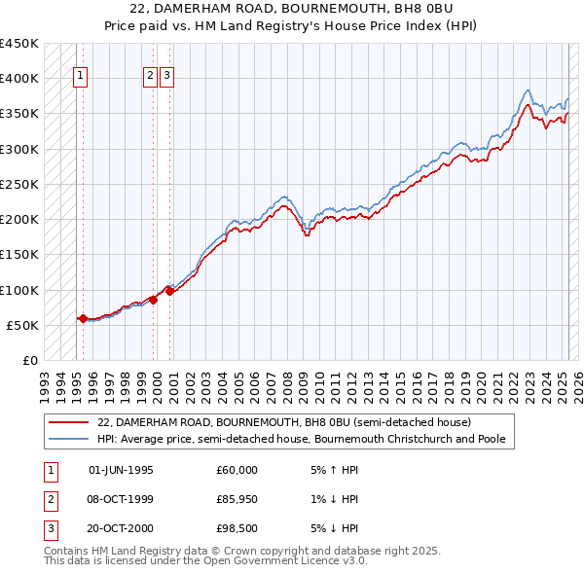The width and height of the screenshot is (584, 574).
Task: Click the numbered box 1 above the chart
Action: tap(79, 78)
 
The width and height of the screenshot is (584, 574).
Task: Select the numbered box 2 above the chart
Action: tap(151, 78)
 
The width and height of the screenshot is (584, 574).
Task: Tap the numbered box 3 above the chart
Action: tap(166, 78)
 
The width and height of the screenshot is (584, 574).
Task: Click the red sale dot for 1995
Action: tap(83, 318)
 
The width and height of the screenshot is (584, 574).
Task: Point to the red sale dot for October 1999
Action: tap(154, 300)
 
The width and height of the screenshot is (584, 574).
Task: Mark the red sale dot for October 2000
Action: tap(170, 290)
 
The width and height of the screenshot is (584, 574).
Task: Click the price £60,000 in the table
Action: tap(237, 470)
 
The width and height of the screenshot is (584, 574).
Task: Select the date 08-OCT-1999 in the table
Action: tap(121, 499)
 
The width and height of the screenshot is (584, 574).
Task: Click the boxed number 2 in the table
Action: tap(49, 499)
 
